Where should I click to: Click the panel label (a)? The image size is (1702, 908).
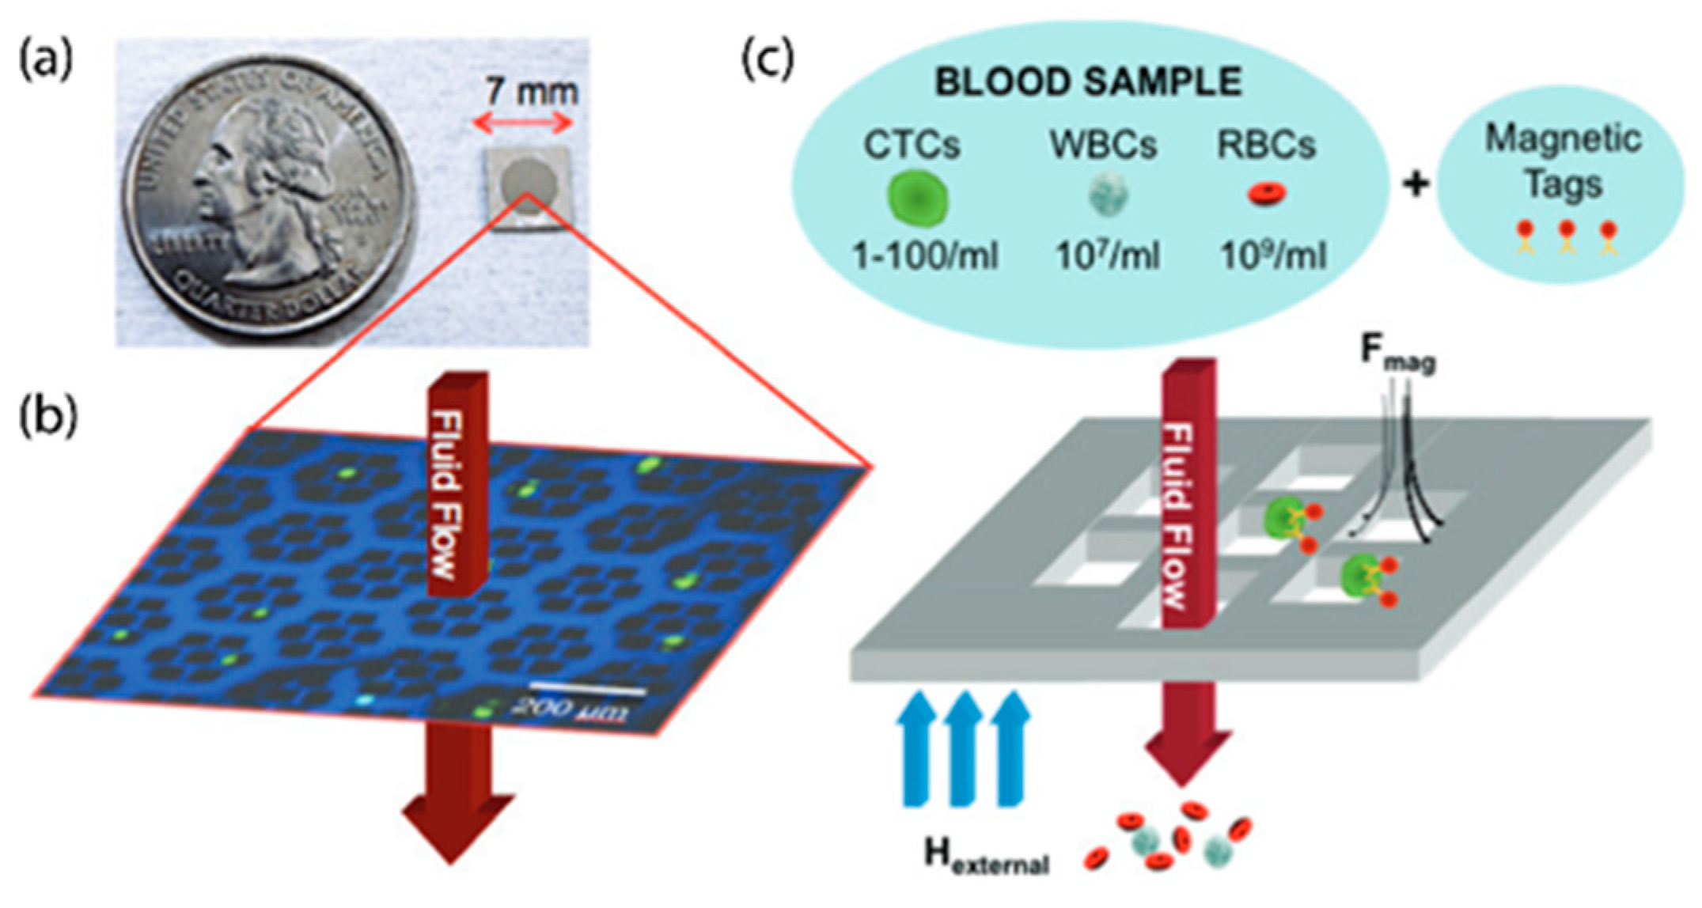click(45, 62)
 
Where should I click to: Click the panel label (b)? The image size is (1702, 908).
click(47, 418)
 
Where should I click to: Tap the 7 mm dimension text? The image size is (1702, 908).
click(531, 92)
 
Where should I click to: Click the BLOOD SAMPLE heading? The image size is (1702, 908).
click(1088, 82)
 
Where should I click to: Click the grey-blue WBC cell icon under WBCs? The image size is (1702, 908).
click(1106, 196)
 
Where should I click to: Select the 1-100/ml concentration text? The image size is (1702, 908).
click(924, 255)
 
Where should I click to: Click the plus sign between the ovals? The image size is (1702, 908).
click(1416, 185)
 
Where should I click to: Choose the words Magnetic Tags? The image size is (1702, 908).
click(1563, 161)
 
